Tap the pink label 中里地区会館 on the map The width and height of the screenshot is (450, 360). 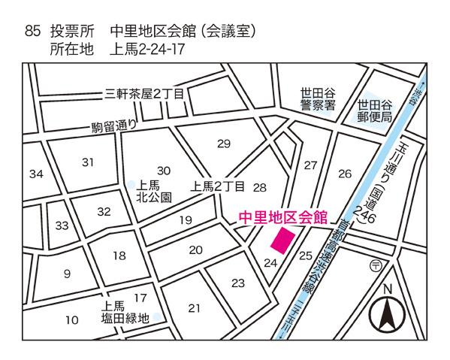(x=282, y=217)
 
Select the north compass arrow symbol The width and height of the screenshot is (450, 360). (x=388, y=315)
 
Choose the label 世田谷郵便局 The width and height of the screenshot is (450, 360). (x=375, y=111)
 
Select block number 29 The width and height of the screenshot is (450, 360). (x=224, y=144)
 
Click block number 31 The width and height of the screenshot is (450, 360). (x=89, y=162)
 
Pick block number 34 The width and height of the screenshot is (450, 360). (x=36, y=174)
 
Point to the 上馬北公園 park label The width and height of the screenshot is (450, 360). (x=156, y=191)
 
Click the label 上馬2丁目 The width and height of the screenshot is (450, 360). (x=219, y=186)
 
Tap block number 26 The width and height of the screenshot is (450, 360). (x=345, y=174)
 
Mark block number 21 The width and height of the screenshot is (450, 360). (x=195, y=307)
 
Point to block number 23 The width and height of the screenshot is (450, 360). (x=237, y=283)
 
